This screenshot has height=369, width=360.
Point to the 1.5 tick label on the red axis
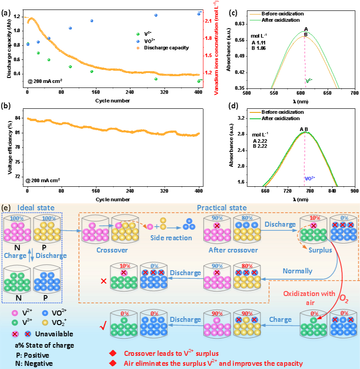pyautogui.click(x=207, y=55)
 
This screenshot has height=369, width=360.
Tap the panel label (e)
pyautogui.click(x=6, y=208)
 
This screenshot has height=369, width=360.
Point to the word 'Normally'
pyautogui.click(x=297, y=271)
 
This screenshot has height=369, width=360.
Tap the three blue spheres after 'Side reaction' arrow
pyautogui.click(x=189, y=224)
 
